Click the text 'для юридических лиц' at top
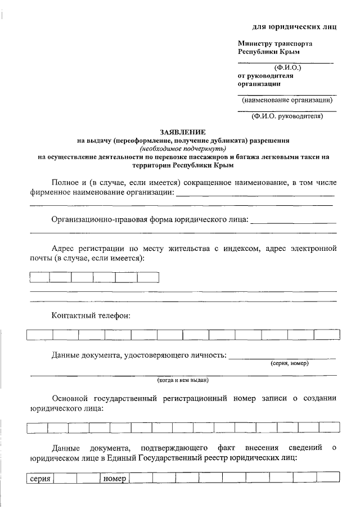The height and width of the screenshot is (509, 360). pyautogui.click(x=294, y=27)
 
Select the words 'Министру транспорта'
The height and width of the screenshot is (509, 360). pyautogui.click(x=275, y=43)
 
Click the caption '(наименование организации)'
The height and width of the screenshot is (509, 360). pyautogui.click(x=287, y=100)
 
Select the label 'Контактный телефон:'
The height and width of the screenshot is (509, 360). pyautogui.click(x=91, y=316)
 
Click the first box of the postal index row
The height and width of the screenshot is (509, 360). pyautogui.click(x=39, y=277)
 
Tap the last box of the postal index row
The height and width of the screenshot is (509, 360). pyautogui.click(x=148, y=277)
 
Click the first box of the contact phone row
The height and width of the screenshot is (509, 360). pyautogui.click(x=39, y=335)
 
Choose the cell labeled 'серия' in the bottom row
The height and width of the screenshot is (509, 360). pyautogui.click(x=39, y=479)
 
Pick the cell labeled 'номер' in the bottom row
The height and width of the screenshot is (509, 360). pyautogui.click(x=114, y=479)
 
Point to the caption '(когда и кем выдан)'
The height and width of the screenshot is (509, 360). pyautogui.click(x=183, y=380)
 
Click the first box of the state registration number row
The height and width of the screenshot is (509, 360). pyautogui.click(x=37, y=428)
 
